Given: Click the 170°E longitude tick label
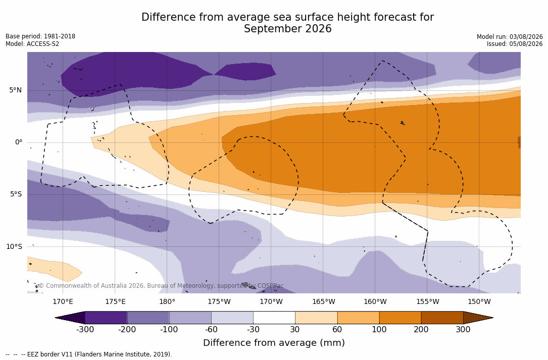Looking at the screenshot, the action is click(x=63, y=301).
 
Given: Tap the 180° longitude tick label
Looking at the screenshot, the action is click(x=167, y=301).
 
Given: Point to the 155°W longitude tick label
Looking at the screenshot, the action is click(x=427, y=301).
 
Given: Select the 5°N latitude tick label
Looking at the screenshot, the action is click(x=15, y=90).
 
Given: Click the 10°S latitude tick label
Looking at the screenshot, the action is click(x=14, y=247).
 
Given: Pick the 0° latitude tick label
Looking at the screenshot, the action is click(x=19, y=142).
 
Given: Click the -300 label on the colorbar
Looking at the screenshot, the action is click(x=85, y=329).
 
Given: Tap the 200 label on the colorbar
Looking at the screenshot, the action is click(x=421, y=329).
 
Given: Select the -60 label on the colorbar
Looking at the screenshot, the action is click(x=211, y=329).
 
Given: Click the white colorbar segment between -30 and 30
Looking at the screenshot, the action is click(x=274, y=318).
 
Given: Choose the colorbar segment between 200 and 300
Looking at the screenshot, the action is click(x=442, y=318).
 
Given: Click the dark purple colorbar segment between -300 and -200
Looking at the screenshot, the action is click(x=106, y=318).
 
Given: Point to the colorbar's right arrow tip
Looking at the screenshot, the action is click(x=493, y=318).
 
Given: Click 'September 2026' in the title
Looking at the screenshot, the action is click(x=287, y=29).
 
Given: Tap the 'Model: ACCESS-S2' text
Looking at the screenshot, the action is click(x=32, y=44).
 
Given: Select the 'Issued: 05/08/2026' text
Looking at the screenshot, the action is click(x=515, y=44).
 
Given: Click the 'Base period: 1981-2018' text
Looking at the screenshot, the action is click(x=40, y=36).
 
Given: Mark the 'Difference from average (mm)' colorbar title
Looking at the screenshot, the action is click(x=274, y=342).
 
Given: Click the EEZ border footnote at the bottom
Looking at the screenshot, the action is click(x=89, y=354).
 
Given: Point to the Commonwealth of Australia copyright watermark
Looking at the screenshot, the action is click(x=161, y=286).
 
